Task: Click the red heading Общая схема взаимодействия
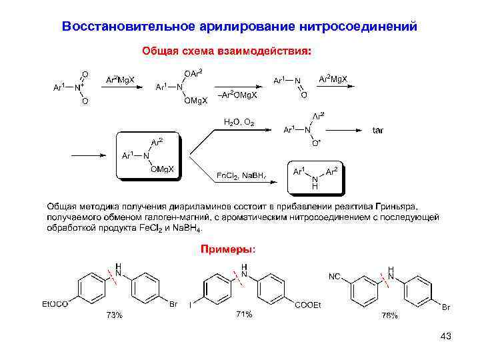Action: pyautogui.click(x=227, y=51)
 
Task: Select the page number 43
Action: pyautogui.click(x=446, y=336)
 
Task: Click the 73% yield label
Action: pyautogui.click(x=115, y=315)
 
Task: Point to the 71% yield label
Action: pyautogui.click(x=244, y=313)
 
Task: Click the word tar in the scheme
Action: pyautogui.click(x=378, y=130)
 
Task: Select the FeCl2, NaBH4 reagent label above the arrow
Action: pyautogui.click(x=242, y=175)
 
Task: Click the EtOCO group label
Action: pyautogui.click(x=55, y=305)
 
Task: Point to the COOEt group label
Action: pyautogui.click(x=308, y=305)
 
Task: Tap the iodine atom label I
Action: pyautogui.click(x=190, y=305)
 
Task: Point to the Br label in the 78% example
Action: pyautogui.click(x=446, y=307)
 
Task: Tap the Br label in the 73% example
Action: pyautogui.click(x=173, y=305)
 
